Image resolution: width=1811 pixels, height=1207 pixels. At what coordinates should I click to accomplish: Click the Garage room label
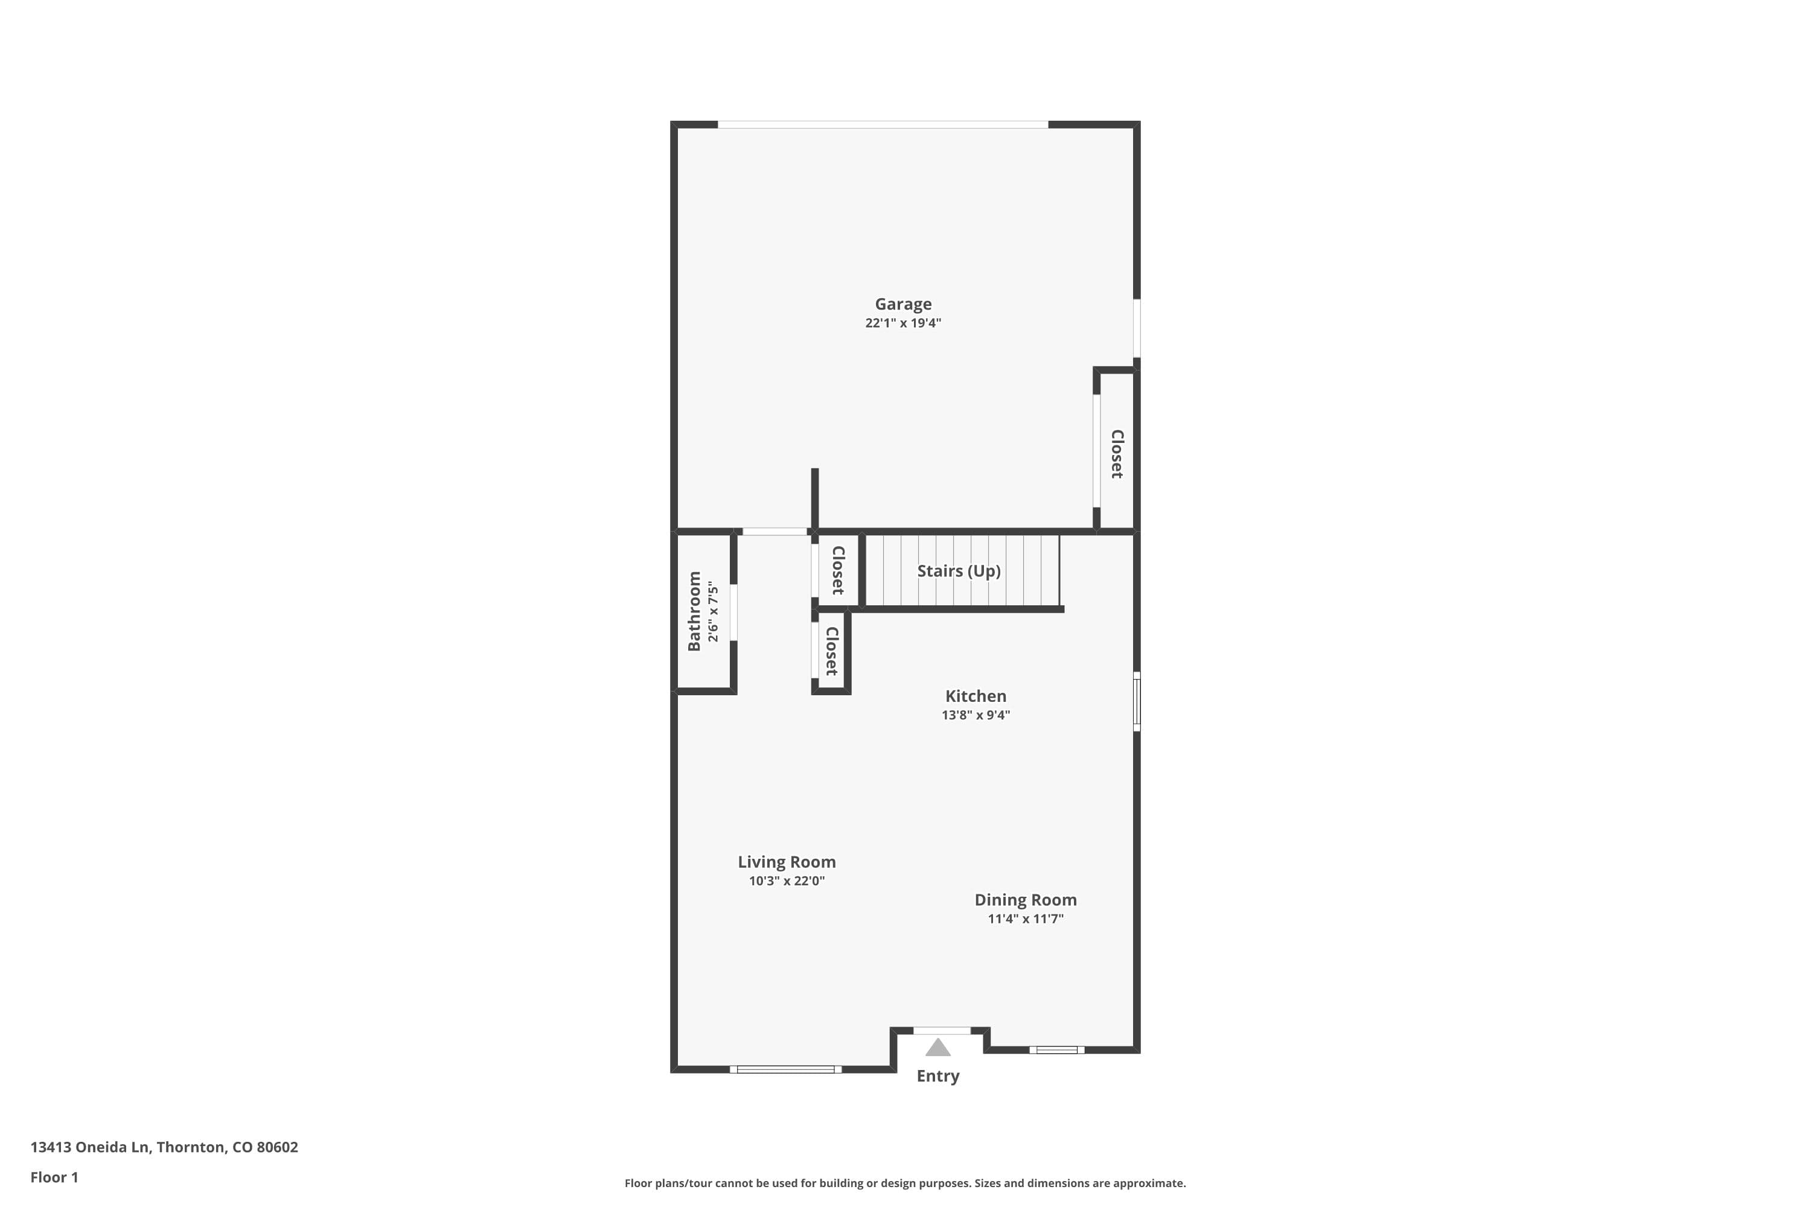[902, 304]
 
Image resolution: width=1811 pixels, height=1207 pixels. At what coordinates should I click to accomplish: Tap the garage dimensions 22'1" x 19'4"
[902, 322]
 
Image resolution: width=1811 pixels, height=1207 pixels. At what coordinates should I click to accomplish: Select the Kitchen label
[976, 696]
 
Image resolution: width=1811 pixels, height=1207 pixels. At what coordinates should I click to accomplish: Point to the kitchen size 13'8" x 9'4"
[976, 715]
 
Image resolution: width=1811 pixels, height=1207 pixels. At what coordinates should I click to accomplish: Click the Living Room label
[786, 862]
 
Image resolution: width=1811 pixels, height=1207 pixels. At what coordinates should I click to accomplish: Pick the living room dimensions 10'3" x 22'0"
[786, 881]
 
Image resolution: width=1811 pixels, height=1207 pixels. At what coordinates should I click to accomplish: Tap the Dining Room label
[1026, 900]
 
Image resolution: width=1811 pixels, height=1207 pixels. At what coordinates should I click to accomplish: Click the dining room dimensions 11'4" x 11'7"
[1026, 919]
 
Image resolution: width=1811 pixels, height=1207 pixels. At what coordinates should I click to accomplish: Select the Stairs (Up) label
[959, 571]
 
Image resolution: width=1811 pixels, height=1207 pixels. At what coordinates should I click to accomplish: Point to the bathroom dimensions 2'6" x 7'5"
[713, 612]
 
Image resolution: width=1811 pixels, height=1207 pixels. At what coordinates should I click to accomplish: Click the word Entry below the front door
[938, 1076]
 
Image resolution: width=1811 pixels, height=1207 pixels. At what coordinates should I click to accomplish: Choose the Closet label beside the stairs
[838, 570]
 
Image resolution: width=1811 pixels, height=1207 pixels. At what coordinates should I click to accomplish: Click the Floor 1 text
[54, 1177]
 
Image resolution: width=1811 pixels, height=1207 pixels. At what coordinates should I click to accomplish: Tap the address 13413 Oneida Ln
[89, 1147]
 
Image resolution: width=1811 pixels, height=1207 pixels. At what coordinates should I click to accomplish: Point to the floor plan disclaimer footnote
[905, 1183]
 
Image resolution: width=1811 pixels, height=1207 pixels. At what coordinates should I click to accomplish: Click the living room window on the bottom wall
[785, 1069]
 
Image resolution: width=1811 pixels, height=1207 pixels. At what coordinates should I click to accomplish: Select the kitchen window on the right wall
[1137, 701]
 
